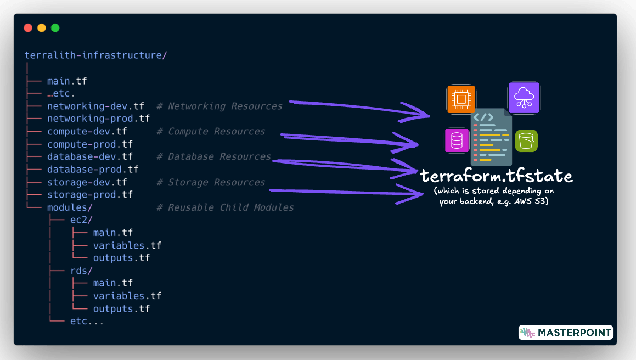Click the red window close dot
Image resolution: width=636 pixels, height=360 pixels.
pos(28,28)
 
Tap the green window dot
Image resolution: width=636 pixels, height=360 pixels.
pos(55,28)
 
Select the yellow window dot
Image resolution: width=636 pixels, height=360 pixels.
pos(42,28)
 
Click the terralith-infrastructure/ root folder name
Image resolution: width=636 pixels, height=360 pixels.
pos(95,55)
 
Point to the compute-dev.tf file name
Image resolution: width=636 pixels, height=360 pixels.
pos(87,132)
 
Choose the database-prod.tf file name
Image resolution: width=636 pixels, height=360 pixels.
pos(92,170)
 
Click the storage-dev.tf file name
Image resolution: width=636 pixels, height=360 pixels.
pos(87,182)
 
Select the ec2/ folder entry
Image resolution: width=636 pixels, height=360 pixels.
pos(81,220)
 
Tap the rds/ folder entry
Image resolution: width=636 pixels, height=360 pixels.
pos(81,271)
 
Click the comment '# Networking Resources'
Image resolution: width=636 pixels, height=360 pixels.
pos(219,106)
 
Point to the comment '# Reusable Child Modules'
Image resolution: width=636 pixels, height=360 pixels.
pos(225,207)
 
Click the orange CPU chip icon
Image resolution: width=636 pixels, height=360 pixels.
pos(461,99)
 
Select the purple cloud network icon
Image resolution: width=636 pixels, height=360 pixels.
pos(524,98)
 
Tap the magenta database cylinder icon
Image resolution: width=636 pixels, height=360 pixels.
pos(457,140)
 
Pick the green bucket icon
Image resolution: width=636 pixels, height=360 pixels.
pos(526,141)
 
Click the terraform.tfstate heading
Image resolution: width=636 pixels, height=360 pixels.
pos(496,176)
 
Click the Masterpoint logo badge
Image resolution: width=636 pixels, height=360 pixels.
pos(565,333)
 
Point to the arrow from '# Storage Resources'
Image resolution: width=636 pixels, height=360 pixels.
pos(340,192)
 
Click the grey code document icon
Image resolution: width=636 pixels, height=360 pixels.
pos(491,137)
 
